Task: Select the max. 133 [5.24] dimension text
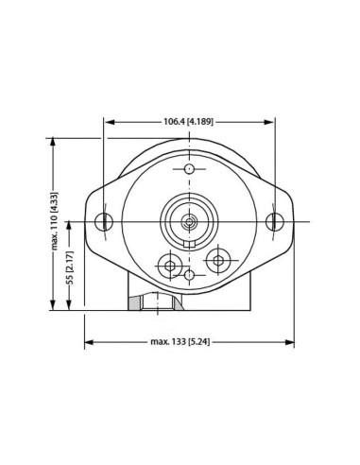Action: [189, 341]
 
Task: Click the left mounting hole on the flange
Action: [104, 222]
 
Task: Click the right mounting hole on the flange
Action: [274, 222]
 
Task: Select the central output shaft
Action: [189, 222]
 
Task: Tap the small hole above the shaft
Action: [189, 169]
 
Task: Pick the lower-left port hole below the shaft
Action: [170, 266]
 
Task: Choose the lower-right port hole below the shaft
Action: [219, 258]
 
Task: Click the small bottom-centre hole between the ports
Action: [189, 275]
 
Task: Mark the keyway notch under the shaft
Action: [189, 244]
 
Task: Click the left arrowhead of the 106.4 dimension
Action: [108, 122]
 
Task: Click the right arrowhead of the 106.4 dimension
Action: [271, 122]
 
